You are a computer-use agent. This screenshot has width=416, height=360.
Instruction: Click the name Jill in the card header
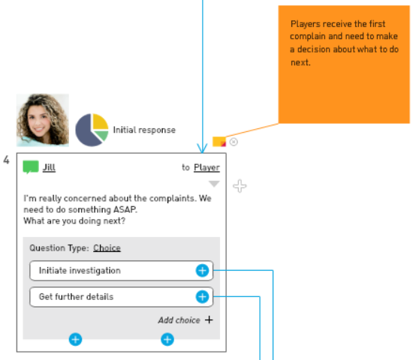(49, 167)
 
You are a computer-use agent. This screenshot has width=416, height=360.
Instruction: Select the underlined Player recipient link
(206, 168)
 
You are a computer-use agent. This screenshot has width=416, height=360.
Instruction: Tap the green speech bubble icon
(31, 167)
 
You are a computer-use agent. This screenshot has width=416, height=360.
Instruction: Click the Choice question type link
(107, 248)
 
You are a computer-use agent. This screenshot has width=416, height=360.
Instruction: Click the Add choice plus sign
(209, 320)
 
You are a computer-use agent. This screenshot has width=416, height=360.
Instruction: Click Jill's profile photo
(43, 120)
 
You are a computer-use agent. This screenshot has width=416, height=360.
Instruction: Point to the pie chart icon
(92, 130)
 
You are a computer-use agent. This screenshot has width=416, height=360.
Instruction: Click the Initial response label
(144, 130)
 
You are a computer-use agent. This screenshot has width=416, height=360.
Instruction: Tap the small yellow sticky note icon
(219, 142)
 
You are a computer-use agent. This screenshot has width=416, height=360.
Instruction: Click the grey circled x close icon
(234, 142)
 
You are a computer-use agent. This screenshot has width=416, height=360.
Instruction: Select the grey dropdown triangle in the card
(214, 184)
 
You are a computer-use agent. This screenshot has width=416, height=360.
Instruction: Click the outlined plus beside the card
(240, 186)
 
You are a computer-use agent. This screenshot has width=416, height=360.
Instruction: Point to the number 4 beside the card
(6, 160)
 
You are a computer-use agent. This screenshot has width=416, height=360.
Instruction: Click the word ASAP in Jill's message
(125, 209)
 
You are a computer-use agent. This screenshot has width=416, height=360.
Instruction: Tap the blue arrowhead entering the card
(203, 148)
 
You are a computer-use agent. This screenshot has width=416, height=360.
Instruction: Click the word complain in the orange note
(308, 36)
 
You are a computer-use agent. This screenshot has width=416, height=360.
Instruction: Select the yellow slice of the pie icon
(101, 121)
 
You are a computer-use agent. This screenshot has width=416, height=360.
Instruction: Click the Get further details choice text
(76, 297)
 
